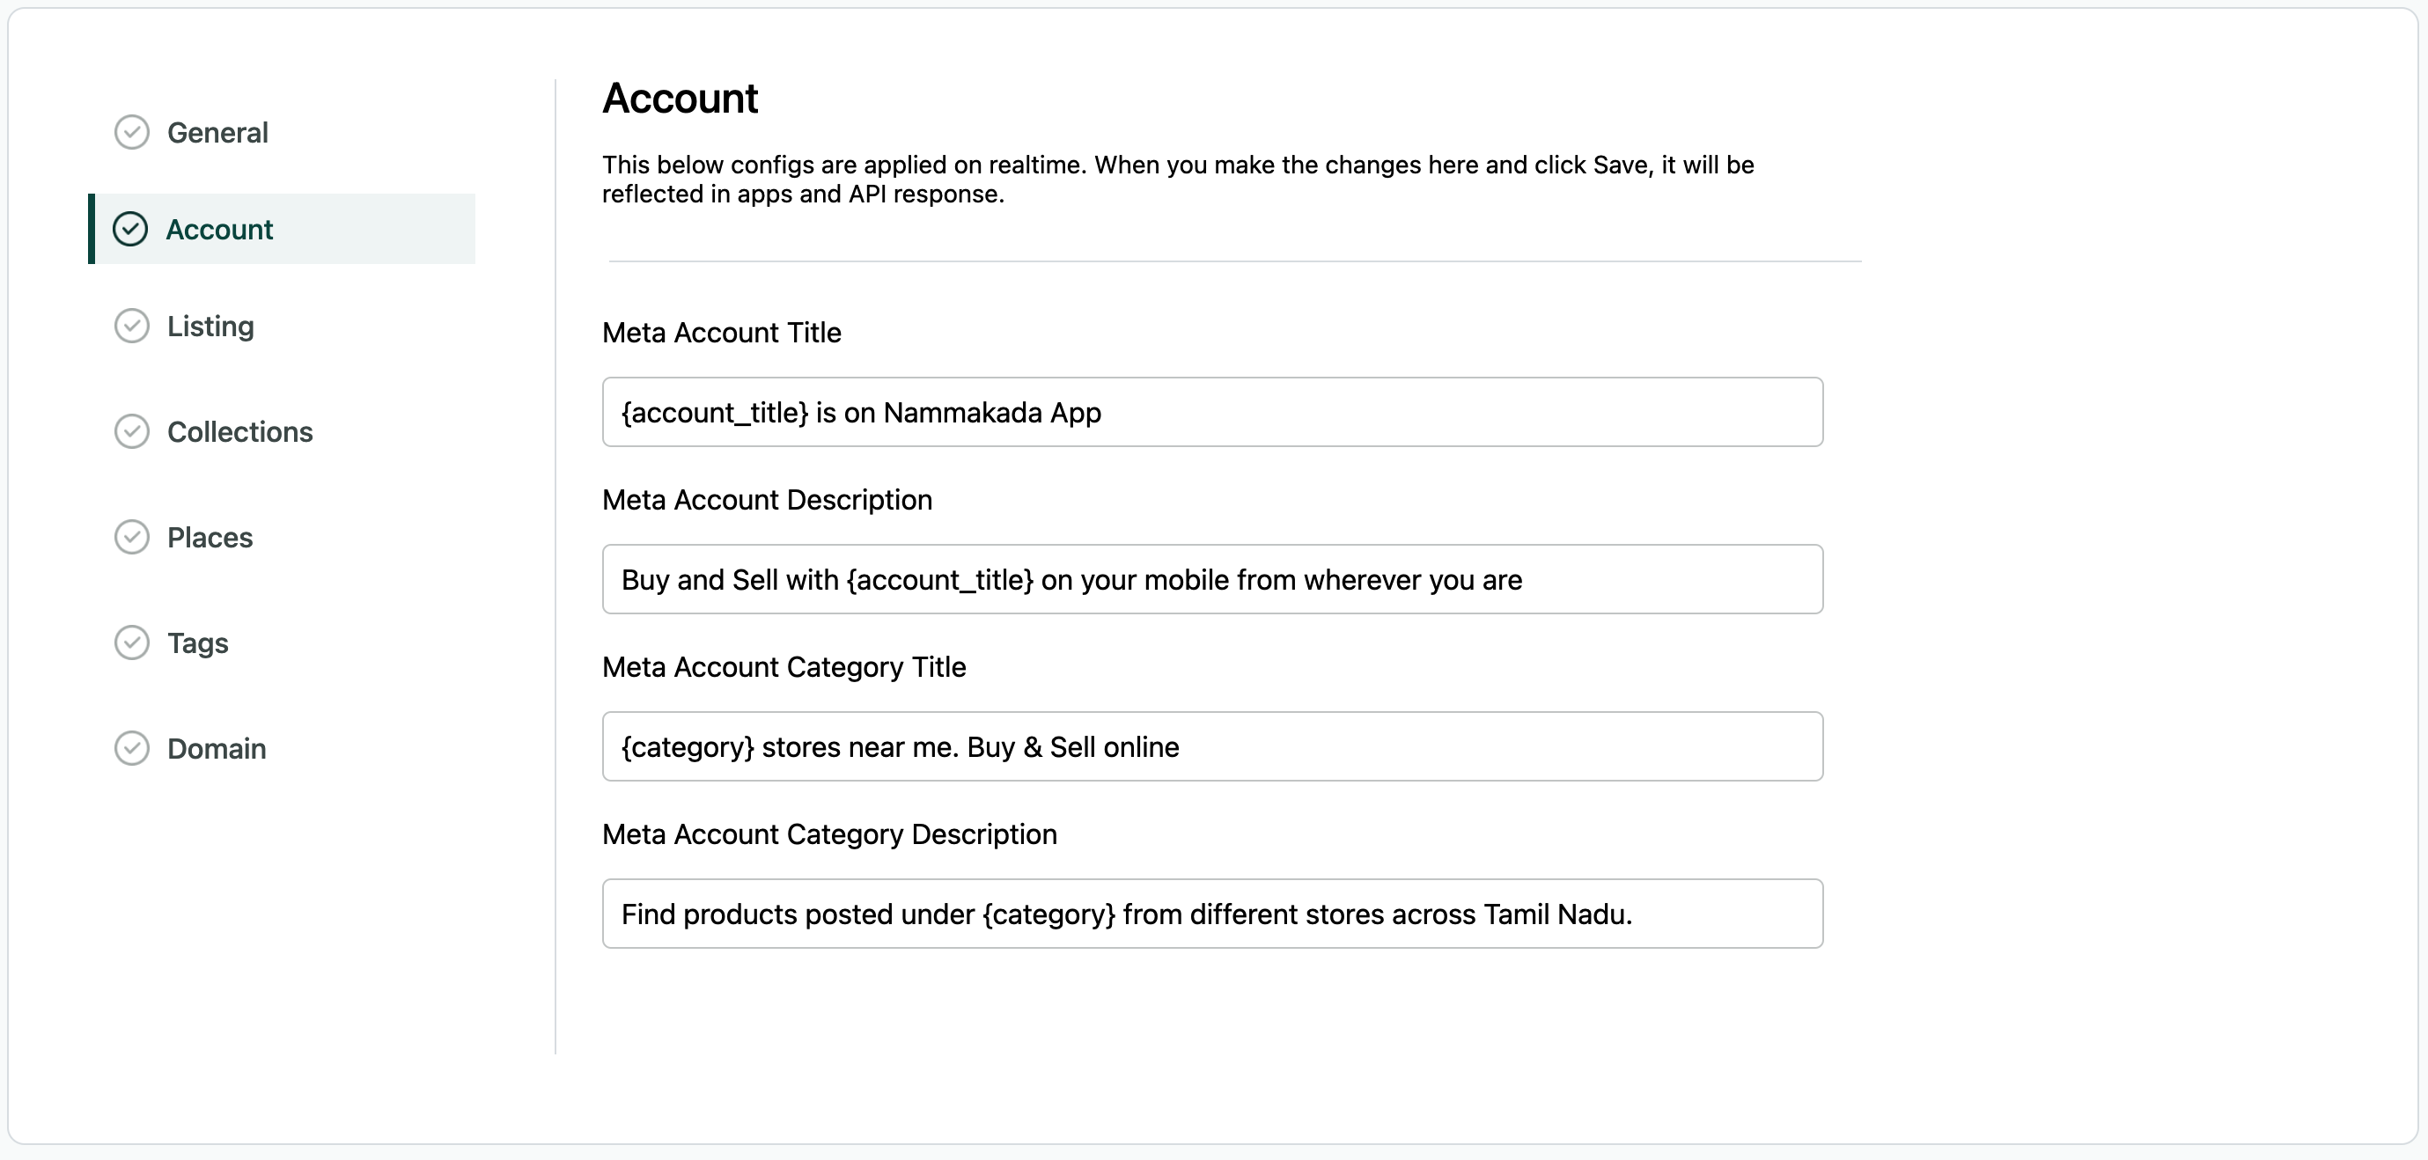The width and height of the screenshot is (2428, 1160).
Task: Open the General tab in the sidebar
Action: pyautogui.click(x=217, y=133)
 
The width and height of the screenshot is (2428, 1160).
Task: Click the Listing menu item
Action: pyautogui.click(x=210, y=326)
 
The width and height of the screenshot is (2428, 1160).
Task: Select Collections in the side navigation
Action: pyautogui.click(x=239, y=431)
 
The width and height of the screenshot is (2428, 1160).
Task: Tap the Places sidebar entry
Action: pyautogui.click(x=210, y=537)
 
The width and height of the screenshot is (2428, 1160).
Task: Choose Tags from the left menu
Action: pyautogui.click(x=197, y=642)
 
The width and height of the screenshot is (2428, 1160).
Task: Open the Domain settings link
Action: pyautogui.click(x=216, y=748)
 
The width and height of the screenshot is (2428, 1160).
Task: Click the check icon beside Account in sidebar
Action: pyautogui.click(x=130, y=229)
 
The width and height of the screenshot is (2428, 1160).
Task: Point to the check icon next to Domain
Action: pyautogui.click(x=132, y=748)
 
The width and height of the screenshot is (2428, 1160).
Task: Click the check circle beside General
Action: pyautogui.click(x=132, y=133)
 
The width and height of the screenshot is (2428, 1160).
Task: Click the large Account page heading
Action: pyautogui.click(x=680, y=99)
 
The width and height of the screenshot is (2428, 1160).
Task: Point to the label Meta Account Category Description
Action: pyautogui.click(x=829, y=834)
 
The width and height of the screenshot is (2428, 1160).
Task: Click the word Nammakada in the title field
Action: pyautogui.click(x=962, y=413)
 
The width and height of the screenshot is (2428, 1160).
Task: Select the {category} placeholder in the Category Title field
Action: pyautogui.click(x=688, y=747)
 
